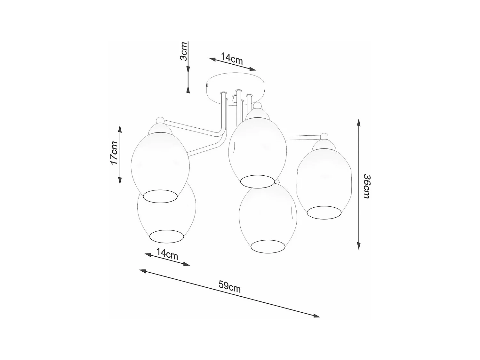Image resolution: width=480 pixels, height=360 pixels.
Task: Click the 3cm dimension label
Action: tap(183, 51)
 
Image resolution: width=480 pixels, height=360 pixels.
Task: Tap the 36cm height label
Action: tap(366, 187)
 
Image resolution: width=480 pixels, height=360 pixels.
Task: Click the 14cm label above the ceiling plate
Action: tap(232, 59)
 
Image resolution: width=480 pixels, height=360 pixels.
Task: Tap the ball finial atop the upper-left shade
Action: tap(160, 121)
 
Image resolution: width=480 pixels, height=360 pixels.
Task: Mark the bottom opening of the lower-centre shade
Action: tap(268, 246)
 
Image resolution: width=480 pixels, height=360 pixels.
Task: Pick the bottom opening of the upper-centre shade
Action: tap(258, 181)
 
